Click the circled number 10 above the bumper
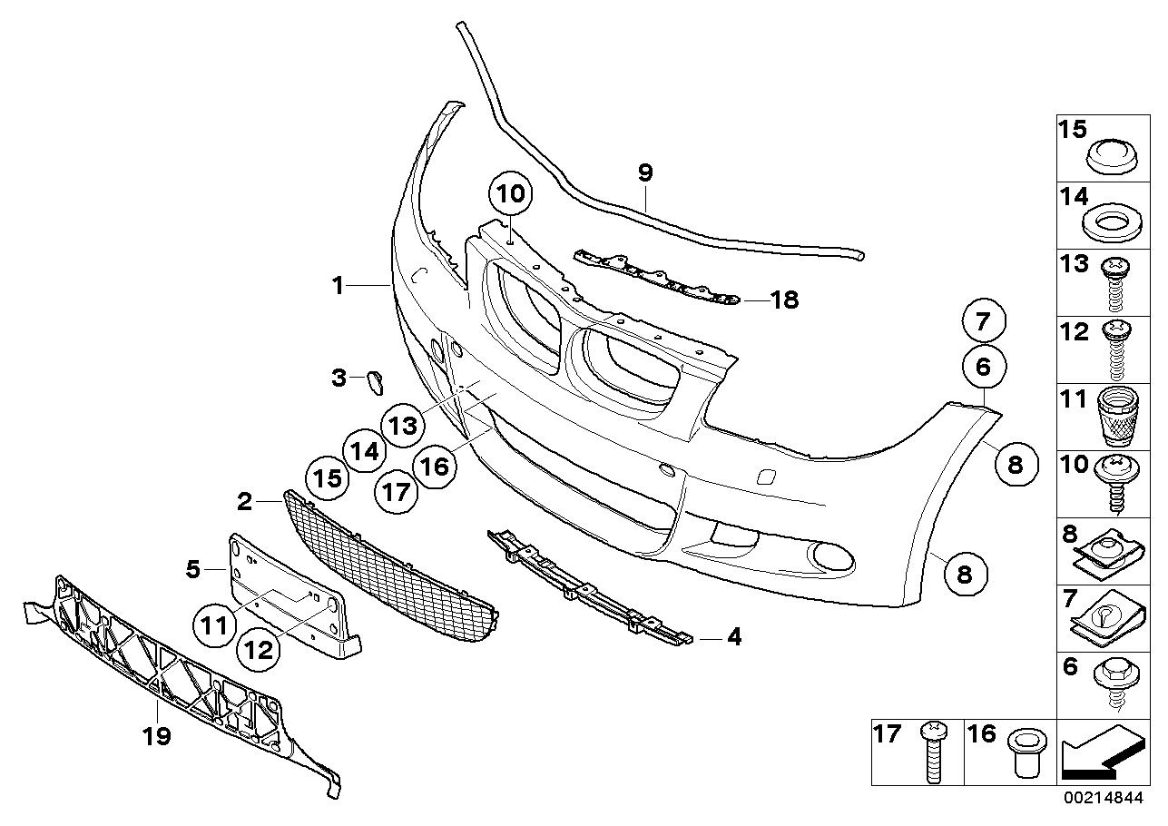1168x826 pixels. pos(511,194)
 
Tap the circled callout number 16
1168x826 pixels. pos(436,466)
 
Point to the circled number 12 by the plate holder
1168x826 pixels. pos(259,649)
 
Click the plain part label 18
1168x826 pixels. pos(784,300)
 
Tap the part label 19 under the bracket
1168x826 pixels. pos(158,735)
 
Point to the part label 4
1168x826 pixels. pos(733,638)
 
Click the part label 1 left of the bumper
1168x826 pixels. pos(338,287)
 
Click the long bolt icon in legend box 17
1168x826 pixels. pos(933,752)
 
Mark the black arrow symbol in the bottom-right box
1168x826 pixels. pos(1101,756)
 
